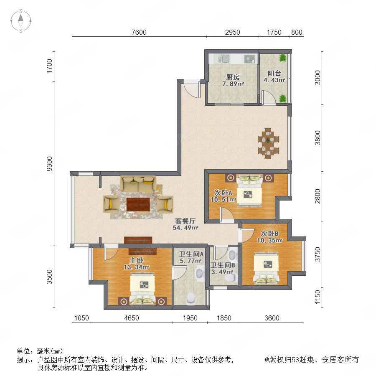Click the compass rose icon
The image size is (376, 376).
(21, 21)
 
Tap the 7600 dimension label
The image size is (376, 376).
(139, 32)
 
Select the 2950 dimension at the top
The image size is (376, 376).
(232, 32)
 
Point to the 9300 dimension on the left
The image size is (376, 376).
(49, 163)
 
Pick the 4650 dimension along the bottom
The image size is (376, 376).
(132, 318)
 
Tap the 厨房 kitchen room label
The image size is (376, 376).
(233, 77)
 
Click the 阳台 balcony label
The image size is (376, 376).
(274, 73)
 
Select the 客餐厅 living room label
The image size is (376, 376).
(185, 221)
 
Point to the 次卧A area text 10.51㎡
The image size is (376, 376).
(223, 200)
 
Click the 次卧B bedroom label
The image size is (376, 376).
(269, 233)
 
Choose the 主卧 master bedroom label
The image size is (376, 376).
(137, 260)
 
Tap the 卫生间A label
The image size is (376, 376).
(191, 254)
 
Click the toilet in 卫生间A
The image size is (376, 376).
(191, 297)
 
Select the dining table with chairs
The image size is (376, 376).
(268, 143)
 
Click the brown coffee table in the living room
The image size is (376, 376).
(138, 204)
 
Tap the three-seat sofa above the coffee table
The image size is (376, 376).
(138, 184)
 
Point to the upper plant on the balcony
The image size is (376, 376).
(283, 58)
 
